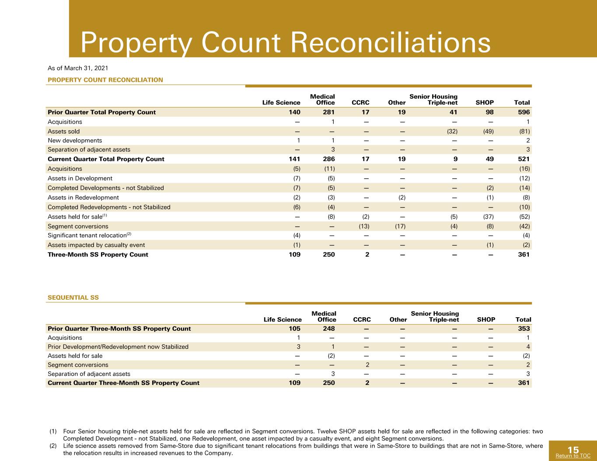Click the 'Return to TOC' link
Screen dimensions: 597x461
pyautogui.click(x=573, y=455)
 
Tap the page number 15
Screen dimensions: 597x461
pyautogui.click(x=573, y=450)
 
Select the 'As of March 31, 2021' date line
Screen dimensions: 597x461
pyautogui.click(x=78, y=68)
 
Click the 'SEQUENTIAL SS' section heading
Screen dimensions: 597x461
pyautogui.click(x=73, y=298)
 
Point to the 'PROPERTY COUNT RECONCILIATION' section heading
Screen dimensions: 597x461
pyautogui.click(x=105, y=80)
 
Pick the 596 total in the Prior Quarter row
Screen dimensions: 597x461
pyautogui.click(x=524, y=112)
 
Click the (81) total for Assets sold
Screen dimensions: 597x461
pyautogui.click(x=524, y=132)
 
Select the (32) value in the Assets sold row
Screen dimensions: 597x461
pyautogui.click(x=452, y=132)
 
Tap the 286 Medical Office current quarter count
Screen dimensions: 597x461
pyautogui.click(x=328, y=159)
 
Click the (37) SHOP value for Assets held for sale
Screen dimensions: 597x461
pyautogui.click(x=489, y=217)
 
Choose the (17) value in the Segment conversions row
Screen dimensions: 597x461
pyautogui.click(x=400, y=226)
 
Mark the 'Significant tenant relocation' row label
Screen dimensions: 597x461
pyautogui.click(x=90, y=235)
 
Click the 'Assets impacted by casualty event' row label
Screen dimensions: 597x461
pyautogui.click(x=96, y=245)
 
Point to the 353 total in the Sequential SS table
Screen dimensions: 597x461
pyautogui.click(x=524, y=329)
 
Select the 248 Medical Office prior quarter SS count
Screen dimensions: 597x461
pyautogui.click(x=328, y=329)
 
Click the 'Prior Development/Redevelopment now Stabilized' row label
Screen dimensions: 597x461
pyautogui.click(x=118, y=347)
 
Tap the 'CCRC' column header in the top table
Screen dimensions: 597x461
pyautogui.click(x=360, y=102)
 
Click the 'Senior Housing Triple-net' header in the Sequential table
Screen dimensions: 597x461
pyautogui.click(x=435, y=316)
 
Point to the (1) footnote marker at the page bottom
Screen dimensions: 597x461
pyautogui.click(x=53, y=431)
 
